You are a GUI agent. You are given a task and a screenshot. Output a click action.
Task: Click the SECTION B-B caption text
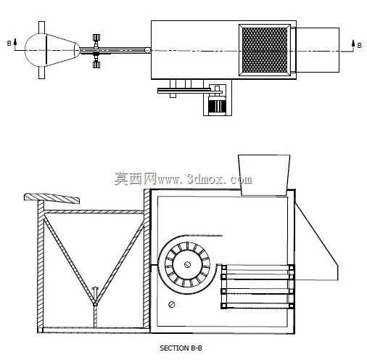(181, 348)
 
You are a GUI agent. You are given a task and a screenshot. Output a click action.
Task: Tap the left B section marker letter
(9, 44)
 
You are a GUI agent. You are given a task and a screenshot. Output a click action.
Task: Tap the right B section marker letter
(360, 45)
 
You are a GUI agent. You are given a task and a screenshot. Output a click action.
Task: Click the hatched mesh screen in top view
(265, 50)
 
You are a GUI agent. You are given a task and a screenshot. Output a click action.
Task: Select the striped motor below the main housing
(217, 105)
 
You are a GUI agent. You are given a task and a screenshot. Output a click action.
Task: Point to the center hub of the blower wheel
(187, 265)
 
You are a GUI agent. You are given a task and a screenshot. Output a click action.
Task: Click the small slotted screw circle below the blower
(172, 304)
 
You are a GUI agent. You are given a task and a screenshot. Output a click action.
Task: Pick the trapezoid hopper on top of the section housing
(264, 175)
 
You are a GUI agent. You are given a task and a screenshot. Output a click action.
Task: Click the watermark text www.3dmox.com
(205, 179)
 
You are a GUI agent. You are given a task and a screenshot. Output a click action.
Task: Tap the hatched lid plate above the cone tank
(51, 197)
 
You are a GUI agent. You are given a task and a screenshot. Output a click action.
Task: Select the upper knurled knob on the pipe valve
(96, 38)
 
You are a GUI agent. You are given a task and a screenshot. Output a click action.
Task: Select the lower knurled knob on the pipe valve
(96, 65)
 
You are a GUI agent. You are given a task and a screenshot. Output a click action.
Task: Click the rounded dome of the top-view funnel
(36, 50)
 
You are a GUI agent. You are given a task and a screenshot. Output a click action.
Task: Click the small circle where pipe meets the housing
(147, 50)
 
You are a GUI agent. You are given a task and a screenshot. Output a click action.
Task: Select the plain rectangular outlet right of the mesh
(318, 50)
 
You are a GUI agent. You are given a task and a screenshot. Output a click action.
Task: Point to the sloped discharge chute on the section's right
(316, 242)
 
